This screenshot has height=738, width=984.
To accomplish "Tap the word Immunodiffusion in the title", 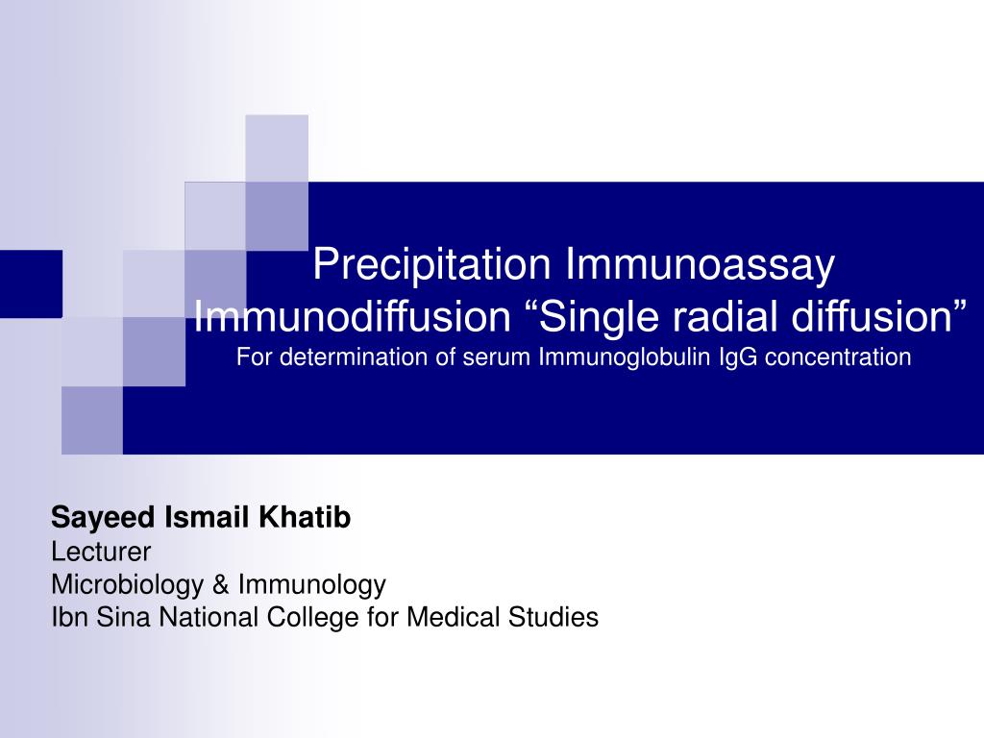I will coord(352,316).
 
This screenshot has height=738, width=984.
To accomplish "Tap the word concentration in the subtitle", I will coord(838,357).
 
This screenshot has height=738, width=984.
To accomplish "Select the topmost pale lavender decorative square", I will coord(277,147).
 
